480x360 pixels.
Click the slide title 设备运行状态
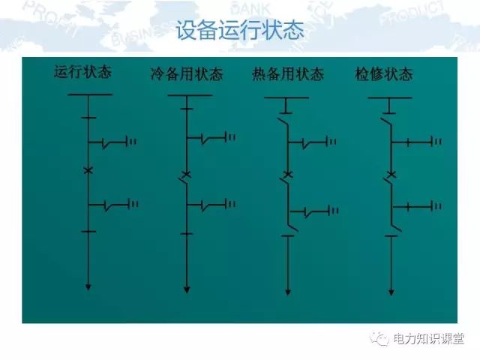(240, 30)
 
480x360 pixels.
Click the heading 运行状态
(82, 72)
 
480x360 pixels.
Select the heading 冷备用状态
(187, 74)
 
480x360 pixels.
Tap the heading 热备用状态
(288, 74)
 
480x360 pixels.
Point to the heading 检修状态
(384, 74)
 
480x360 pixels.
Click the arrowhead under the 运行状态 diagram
(88, 287)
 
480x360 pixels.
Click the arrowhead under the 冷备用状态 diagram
(187, 289)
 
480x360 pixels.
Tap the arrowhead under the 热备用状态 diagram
(288, 292)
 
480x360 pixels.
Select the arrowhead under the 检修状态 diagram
(391, 292)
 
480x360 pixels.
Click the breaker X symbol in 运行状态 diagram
(88, 170)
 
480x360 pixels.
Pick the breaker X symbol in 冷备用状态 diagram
(187, 175)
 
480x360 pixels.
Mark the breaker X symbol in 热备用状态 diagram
(288, 175)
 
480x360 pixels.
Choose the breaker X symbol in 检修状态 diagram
(391, 175)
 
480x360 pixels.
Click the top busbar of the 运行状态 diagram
(90, 94)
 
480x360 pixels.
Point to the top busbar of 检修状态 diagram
(390, 97)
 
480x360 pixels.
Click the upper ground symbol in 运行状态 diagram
(132, 142)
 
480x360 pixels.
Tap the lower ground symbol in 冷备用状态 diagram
(230, 204)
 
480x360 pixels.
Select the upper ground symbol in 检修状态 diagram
(436, 142)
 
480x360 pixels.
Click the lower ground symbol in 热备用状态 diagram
(333, 211)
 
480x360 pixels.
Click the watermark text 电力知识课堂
(428, 339)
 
